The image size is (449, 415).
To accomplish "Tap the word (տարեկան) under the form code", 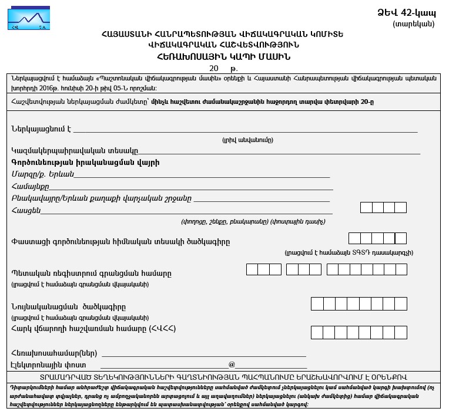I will (414, 24).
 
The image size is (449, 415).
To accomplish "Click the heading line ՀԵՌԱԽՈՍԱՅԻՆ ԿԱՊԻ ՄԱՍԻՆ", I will (223, 57).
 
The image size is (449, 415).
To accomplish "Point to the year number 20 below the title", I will (214, 69).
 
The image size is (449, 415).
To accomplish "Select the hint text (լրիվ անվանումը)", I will (247, 140).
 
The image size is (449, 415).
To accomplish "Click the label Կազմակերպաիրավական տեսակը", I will (75, 151).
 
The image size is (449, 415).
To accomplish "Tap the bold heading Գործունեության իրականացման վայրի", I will (85, 162).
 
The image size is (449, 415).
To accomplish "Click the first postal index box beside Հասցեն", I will (366, 207).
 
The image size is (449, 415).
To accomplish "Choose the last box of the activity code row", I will (401, 238).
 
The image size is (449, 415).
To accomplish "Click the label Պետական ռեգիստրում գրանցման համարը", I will (92, 274).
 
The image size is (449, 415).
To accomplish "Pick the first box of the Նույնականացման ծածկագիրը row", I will (317, 304).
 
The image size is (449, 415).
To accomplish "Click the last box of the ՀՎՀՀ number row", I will (401, 332).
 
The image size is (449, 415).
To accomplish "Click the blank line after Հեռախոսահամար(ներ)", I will (205, 353).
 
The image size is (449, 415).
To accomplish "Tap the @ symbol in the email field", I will (232, 365).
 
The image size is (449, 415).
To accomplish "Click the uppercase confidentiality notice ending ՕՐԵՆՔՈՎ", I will (224, 377).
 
